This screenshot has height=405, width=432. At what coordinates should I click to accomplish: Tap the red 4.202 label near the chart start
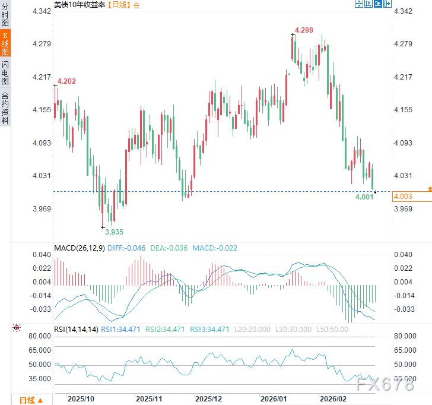point(66,81)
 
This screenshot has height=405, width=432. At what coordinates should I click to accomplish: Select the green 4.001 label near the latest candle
point(364,197)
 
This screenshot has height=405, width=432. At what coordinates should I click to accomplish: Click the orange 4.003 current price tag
point(403,197)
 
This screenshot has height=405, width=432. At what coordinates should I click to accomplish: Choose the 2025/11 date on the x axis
point(149,398)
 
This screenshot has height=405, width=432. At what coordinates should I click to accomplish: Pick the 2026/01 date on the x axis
point(274,398)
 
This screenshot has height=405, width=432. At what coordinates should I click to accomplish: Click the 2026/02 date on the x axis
point(332,398)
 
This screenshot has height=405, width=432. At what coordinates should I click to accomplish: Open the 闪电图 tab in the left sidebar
point(5,72)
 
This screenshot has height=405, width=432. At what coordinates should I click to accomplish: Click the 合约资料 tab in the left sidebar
point(5,107)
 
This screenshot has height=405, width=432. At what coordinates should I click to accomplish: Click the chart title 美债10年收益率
point(78,5)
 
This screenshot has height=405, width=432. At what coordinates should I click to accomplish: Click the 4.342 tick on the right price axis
point(403,11)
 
